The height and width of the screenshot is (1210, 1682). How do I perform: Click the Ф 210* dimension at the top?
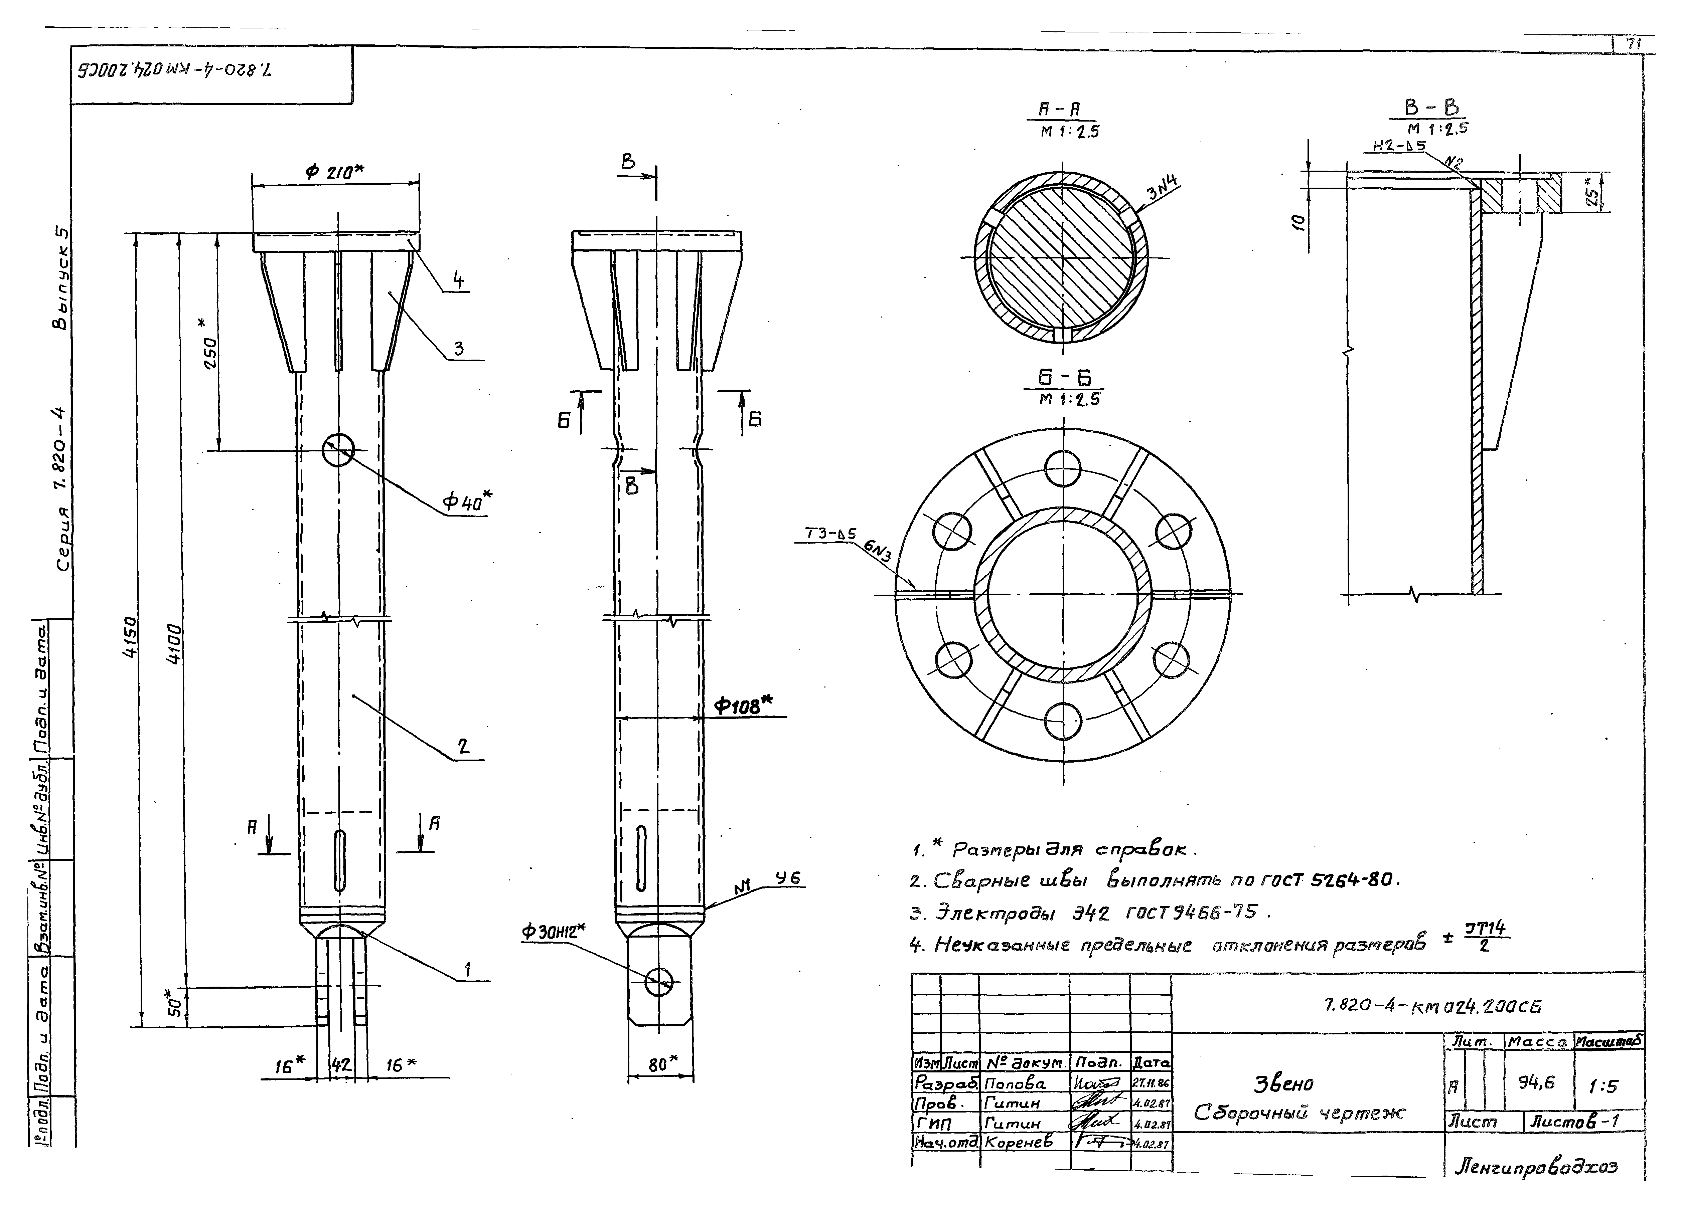[x=334, y=171]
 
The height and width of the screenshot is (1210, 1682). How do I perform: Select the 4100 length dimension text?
[x=173, y=643]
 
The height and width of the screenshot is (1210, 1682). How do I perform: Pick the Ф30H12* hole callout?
[x=553, y=931]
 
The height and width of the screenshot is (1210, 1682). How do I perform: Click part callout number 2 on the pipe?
[x=464, y=746]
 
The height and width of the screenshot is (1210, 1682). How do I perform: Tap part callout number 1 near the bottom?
[x=467, y=969]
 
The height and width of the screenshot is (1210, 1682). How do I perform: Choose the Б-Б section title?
[x=1064, y=378]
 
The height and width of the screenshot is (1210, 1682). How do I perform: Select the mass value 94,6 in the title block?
[x=1536, y=1083]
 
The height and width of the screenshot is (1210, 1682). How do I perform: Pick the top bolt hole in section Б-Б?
[x=1063, y=468]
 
